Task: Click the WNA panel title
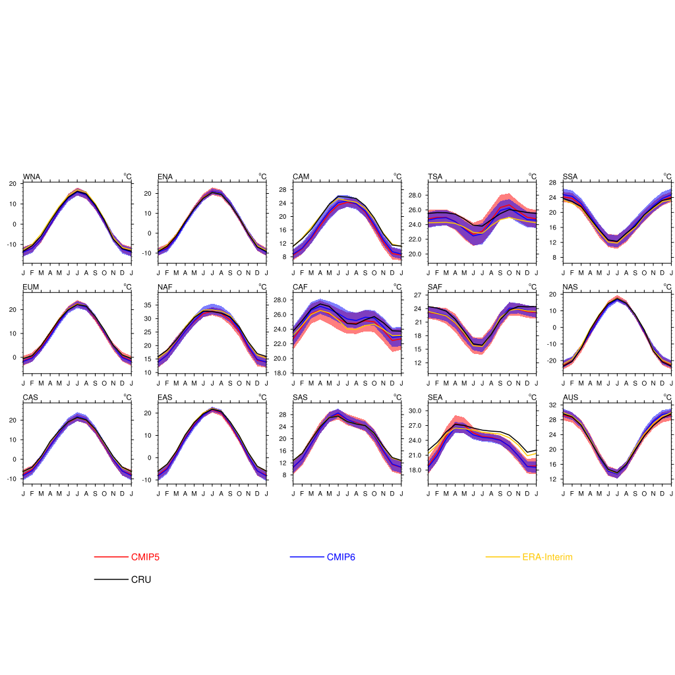coord(31,177)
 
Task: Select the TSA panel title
coord(435,177)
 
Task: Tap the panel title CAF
coord(301,287)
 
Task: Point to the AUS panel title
coord(571,397)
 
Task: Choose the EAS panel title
coord(165,397)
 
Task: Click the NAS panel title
coord(571,287)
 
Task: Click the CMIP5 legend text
coord(145,557)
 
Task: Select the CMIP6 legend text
coord(341,557)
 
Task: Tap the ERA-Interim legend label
coord(547,557)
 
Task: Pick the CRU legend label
coord(141,580)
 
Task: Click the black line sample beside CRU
coord(111,580)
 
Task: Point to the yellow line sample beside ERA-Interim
coord(502,557)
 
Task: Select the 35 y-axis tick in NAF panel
coord(147,305)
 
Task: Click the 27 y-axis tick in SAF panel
coord(416,295)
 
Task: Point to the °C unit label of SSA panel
coord(667,177)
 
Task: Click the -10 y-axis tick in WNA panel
coord(12,245)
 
